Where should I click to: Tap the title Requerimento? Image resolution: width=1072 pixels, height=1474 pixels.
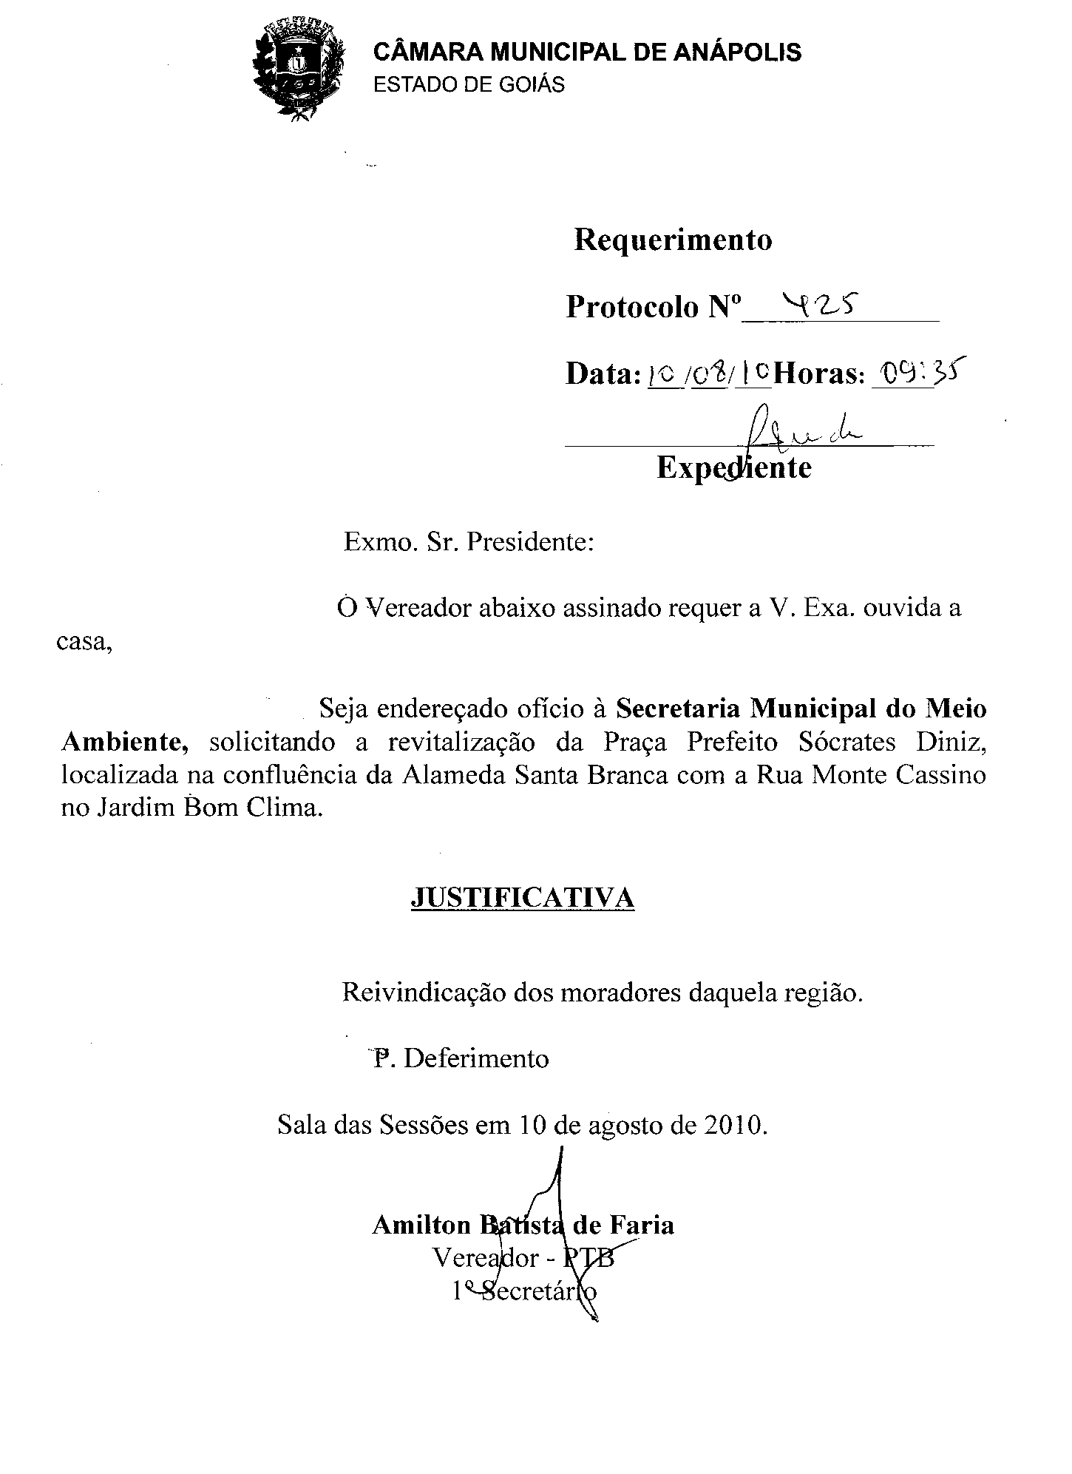(673, 240)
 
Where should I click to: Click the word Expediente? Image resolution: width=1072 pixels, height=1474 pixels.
(733, 467)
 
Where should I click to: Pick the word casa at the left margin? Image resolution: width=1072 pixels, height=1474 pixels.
(84, 642)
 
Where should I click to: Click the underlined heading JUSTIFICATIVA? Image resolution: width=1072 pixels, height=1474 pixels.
(522, 898)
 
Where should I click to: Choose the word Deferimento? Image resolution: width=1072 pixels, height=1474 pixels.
(476, 1058)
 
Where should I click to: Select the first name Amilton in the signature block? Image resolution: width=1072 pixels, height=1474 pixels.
(421, 1225)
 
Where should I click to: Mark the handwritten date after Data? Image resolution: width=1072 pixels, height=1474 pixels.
(708, 375)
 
